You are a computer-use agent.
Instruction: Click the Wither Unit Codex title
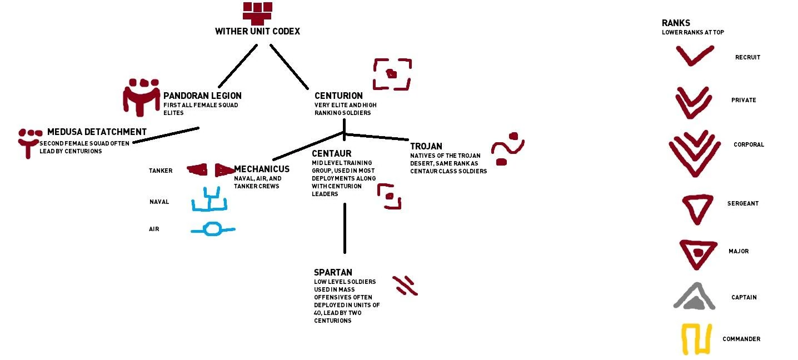pos(257,32)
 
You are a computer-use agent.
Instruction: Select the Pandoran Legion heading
pos(202,96)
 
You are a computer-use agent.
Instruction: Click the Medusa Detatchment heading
pos(97,132)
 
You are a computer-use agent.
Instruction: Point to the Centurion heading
pos(338,96)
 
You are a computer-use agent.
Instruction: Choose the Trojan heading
pos(426,147)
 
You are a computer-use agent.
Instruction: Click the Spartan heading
pos(333,273)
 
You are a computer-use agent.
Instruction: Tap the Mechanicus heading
pos(262,169)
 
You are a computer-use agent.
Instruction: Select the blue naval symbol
pos(209,201)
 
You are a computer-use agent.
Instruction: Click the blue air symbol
pos(212,229)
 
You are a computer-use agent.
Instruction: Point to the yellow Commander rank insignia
pos(696,339)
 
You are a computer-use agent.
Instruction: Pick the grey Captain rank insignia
pos(694,297)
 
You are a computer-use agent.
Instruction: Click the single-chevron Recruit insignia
pos(694,56)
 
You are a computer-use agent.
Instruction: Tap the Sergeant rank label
pos(742,203)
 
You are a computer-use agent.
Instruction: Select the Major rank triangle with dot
pos(697,253)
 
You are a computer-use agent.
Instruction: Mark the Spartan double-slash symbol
pos(405,285)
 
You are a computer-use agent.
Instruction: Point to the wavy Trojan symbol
pos(507,149)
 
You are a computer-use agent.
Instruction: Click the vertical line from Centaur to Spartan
pos(345,228)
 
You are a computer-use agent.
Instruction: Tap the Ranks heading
pos(676,23)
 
